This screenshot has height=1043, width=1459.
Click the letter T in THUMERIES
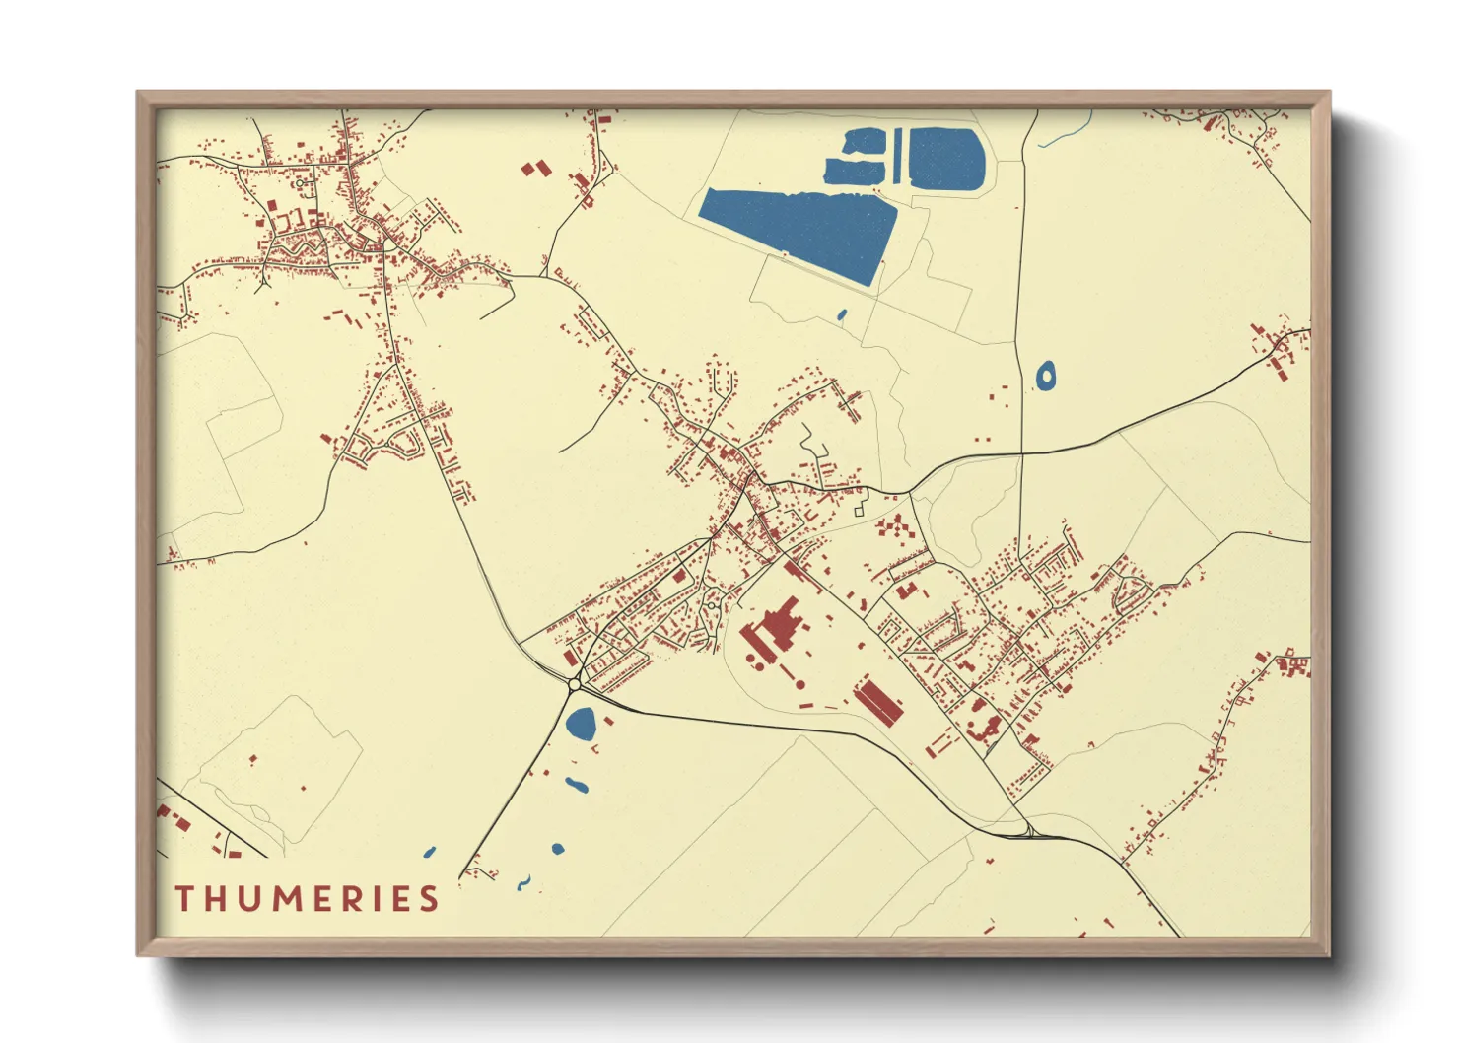point(184,899)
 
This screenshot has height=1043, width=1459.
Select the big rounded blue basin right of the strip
point(944,159)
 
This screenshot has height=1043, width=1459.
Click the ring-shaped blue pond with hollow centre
point(1045,376)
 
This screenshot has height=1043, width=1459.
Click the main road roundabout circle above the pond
point(574,683)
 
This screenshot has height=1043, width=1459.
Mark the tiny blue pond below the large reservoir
point(841,315)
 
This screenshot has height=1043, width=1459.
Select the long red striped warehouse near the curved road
point(877,700)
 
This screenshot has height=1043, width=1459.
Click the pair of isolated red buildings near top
point(535,170)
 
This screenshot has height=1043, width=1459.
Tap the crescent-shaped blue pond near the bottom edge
point(523,882)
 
